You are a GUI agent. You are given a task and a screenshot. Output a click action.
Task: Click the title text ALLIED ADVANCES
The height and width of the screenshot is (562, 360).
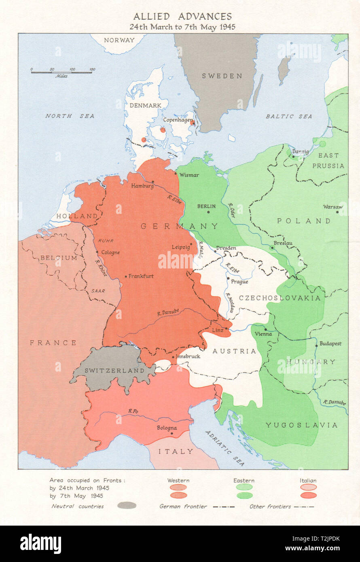(182, 17)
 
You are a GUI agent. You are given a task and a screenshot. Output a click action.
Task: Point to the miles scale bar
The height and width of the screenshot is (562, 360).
(63, 72)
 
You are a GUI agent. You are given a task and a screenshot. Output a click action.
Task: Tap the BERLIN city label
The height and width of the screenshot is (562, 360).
(206, 206)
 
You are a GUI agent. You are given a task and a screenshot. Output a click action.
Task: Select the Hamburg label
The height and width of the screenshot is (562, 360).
(142, 186)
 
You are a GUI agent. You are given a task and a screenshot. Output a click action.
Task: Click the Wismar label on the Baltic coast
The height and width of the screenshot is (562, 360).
(189, 175)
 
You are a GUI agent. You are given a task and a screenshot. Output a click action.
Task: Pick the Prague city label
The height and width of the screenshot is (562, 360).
(239, 282)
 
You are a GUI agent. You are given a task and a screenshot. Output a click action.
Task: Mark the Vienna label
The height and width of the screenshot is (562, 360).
(263, 334)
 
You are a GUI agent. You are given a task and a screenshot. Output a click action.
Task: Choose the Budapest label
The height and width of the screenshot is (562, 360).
(330, 344)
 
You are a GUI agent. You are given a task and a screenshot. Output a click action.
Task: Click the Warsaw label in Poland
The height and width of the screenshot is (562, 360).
(332, 207)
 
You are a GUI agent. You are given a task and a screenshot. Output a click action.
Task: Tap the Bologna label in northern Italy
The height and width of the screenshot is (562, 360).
(167, 428)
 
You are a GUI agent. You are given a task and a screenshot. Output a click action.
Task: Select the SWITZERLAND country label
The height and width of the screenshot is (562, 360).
(114, 370)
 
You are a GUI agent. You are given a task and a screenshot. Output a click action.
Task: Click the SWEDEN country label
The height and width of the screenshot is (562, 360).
(222, 76)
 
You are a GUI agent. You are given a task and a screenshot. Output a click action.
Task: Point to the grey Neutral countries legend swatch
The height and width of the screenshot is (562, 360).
(127, 505)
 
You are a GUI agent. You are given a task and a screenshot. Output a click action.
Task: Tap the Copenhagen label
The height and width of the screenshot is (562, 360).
(178, 120)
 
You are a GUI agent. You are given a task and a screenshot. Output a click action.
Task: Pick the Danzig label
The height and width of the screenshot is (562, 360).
(300, 152)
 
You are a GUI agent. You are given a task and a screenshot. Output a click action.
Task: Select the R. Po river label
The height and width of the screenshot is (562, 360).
(133, 411)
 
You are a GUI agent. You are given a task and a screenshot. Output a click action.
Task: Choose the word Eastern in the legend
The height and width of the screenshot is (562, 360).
(244, 481)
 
